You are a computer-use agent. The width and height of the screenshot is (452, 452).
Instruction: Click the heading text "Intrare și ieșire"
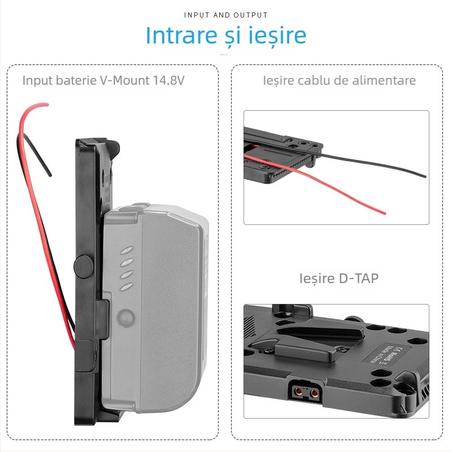tap(226, 35)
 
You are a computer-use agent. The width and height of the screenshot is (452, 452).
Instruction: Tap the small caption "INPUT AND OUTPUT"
tap(226, 15)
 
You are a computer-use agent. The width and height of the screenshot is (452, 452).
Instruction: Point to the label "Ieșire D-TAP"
tap(339, 278)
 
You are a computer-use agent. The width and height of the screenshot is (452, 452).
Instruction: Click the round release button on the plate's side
tap(84, 266)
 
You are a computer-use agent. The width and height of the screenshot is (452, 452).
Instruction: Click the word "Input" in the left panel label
tap(38, 80)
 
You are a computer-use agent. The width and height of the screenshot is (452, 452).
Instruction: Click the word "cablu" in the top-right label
tap(314, 80)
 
